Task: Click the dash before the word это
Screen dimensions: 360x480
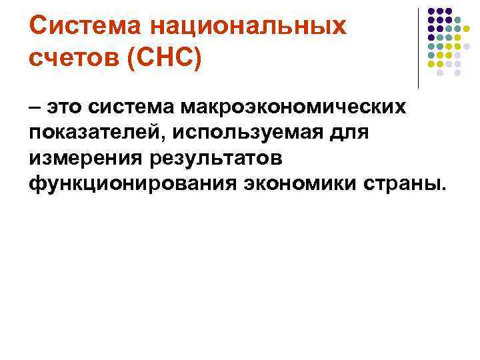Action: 35,107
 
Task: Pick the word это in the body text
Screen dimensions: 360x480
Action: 65,107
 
